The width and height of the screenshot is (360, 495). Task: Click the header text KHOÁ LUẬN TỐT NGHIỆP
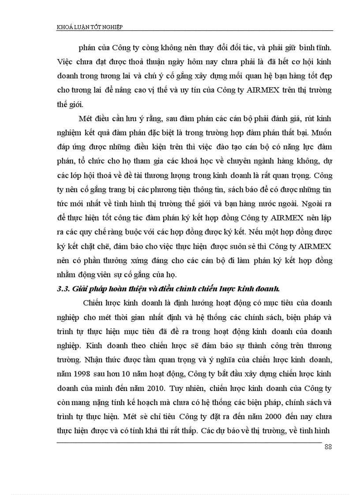pyautogui.click(x=90, y=27)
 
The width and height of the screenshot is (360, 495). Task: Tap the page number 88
pyautogui.click(x=328, y=447)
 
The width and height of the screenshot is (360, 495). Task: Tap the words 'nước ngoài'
pyautogui.click(x=250, y=204)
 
